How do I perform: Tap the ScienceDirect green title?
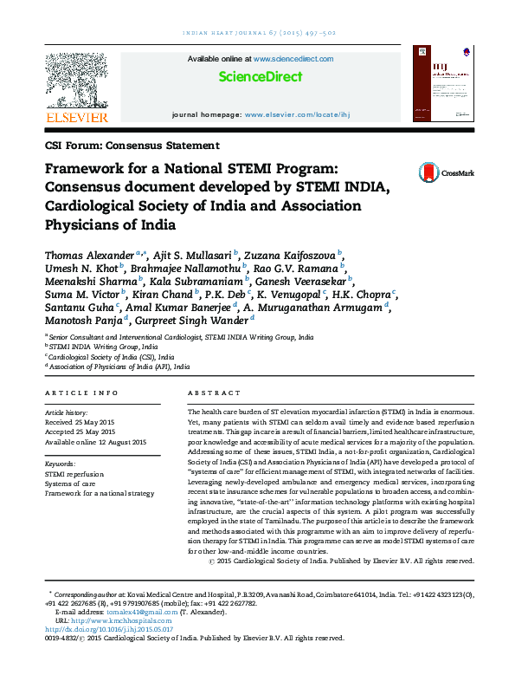(260, 76)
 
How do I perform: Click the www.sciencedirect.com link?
(293, 59)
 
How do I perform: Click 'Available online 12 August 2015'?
(96, 443)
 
